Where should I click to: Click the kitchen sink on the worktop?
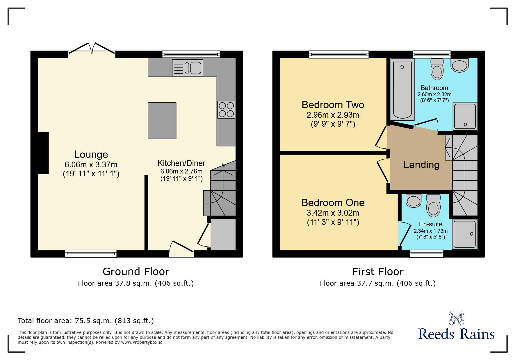click(x=188, y=68)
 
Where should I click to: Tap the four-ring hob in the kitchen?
click(x=226, y=110)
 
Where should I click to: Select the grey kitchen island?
click(x=162, y=121)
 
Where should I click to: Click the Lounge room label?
click(x=91, y=154)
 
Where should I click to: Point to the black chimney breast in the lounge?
click(x=43, y=153)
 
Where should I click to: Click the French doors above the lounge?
click(x=92, y=49)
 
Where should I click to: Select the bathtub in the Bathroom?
click(x=402, y=89)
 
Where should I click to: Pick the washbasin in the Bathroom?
click(x=459, y=65)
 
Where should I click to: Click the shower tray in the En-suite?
click(x=464, y=234)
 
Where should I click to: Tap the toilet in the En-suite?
click(x=433, y=205)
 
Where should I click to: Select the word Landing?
click(x=421, y=165)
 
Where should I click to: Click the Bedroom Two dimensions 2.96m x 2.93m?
click(x=333, y=115)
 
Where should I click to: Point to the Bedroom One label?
click(x=333, y=203)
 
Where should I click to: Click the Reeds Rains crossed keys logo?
click(x=456, y=318)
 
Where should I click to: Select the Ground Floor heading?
click(x=136, y=272)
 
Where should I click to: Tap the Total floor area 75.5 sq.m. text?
click(x=86, y=321)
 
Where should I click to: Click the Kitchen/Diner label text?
click(x=181, y=163)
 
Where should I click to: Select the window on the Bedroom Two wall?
click(x=339, y=54)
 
